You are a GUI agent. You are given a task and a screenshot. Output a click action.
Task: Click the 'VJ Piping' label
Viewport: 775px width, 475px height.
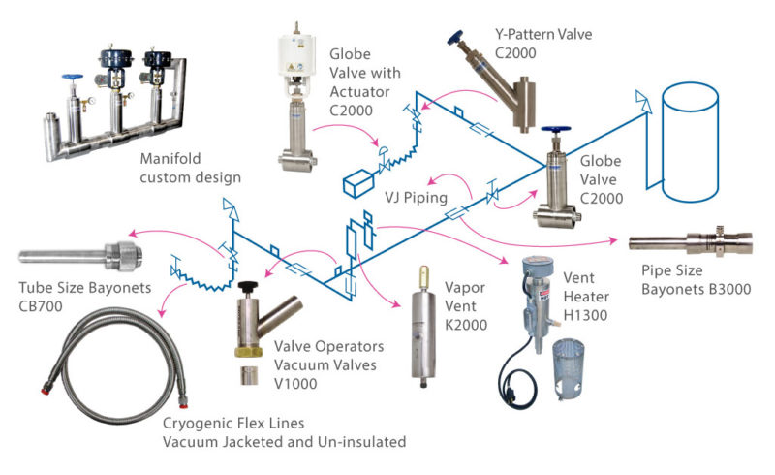(416, 198)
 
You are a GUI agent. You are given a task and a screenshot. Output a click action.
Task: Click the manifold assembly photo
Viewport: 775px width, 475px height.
(111, 97)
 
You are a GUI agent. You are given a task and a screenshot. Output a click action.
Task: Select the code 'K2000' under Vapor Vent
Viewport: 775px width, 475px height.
(466, 325)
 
